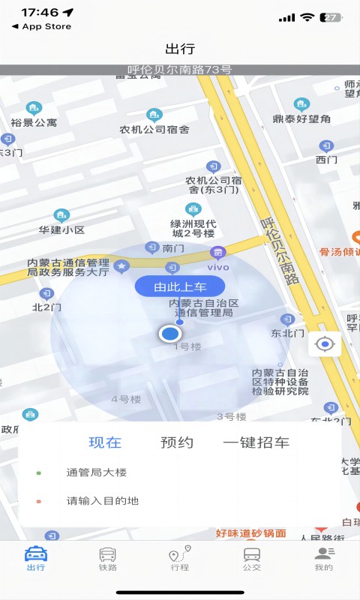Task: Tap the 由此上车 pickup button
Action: pos(180,286)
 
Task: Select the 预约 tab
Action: pos(177,442)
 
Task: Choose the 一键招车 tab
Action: pos(256,442)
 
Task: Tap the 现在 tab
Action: pos(105,442)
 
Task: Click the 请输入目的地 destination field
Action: pos(103,501)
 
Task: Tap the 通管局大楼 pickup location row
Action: pos(97,472)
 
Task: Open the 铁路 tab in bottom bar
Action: pos(108,559)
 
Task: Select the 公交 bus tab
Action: pos(252,559)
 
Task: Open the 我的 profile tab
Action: pos(324,559)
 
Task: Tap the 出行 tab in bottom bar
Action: pos(36,559)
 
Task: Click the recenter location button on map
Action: pos(325,345)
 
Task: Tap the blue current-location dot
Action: pos(171,334)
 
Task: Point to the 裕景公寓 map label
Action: pos(34,122)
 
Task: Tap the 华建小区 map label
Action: pos(61,230)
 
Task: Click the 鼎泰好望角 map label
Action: pos(301,118)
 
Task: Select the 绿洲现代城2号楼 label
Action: pos(193,228)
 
